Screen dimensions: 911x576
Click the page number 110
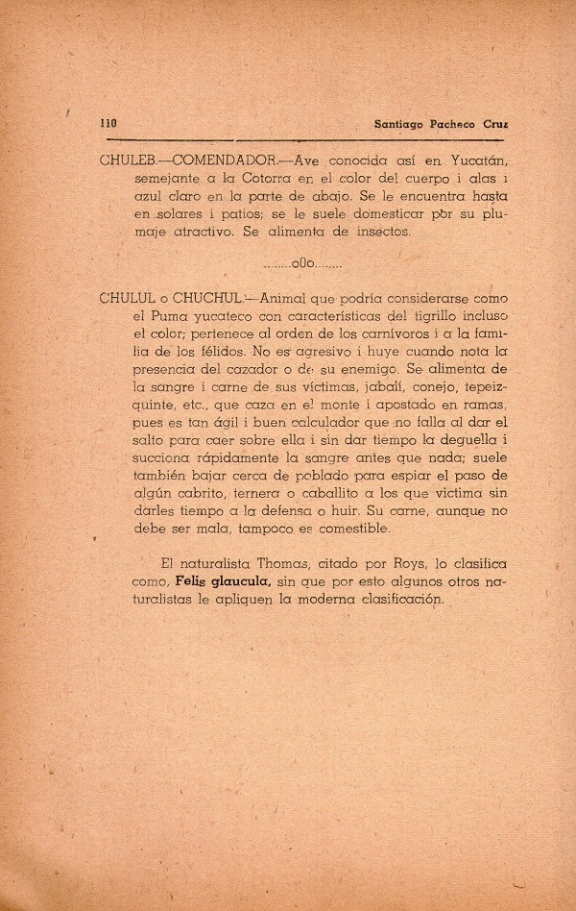pyautogui.click(x=108, y=124)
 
